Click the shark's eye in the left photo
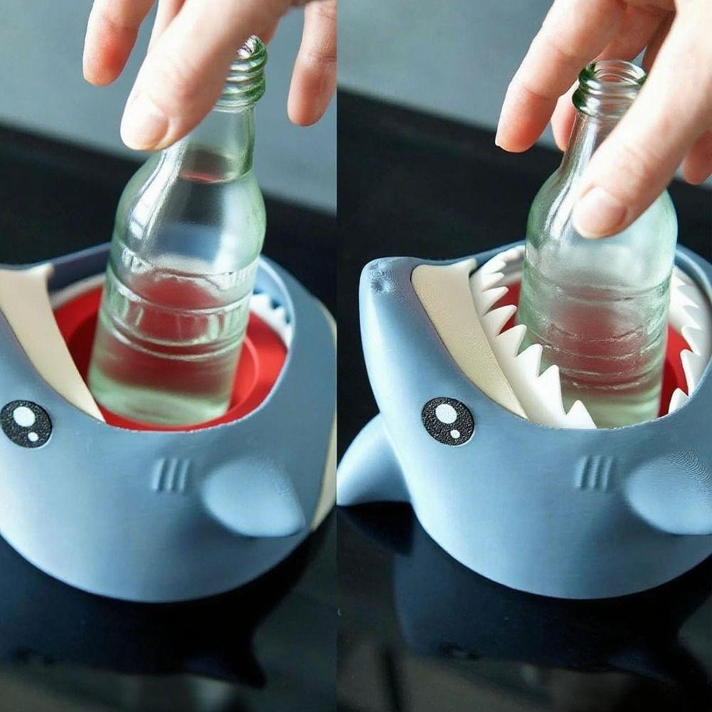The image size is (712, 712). pos(26,424)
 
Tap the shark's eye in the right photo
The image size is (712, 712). pos(448,421)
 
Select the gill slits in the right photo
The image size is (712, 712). pos(595,472)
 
